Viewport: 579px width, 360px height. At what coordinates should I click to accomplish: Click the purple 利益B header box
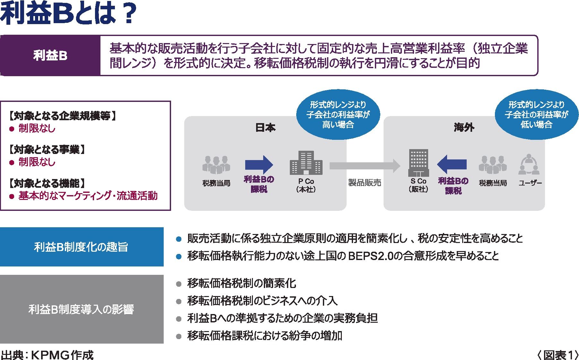pyautogui.click(x=50, y=56)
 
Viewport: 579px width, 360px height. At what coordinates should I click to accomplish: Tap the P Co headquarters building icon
pyautogui.click(x=306, y=163)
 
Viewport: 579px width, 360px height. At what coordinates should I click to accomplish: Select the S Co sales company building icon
pyautogui.click(x=419, y=163)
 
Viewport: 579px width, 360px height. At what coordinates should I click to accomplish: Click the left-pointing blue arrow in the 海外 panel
pyautogui.click(x=452, y=164)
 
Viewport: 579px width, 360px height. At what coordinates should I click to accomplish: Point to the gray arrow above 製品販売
pyautogui.click(x=365, y=166)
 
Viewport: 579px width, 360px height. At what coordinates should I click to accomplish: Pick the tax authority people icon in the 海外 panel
pyautogui.click(x=493, y=165)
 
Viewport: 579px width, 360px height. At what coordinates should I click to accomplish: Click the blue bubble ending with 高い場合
pyautogui.click(x=338, y=114)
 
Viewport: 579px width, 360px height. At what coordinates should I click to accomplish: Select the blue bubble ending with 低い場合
pyautogui.click(x=536, y=114)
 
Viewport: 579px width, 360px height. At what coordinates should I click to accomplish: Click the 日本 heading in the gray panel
pyautogui.click(x=265, y=128)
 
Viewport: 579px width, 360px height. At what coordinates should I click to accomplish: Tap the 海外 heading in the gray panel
pyautogui.click(x=464, y=128)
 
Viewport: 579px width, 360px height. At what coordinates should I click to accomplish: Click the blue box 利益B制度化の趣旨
pyautogui.click(x=82, y=247)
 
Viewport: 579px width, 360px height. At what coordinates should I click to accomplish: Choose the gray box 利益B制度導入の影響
pyautogui.click(x=82, y=309)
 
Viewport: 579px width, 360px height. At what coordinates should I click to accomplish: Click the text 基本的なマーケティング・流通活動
pyautogui.click(x=88, y=196)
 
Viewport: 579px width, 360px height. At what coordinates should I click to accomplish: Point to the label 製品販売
pyautogui.click(x=365, y=183)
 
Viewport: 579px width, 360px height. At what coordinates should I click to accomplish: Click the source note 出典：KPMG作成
pyautogui.click(x=48, y=355)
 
